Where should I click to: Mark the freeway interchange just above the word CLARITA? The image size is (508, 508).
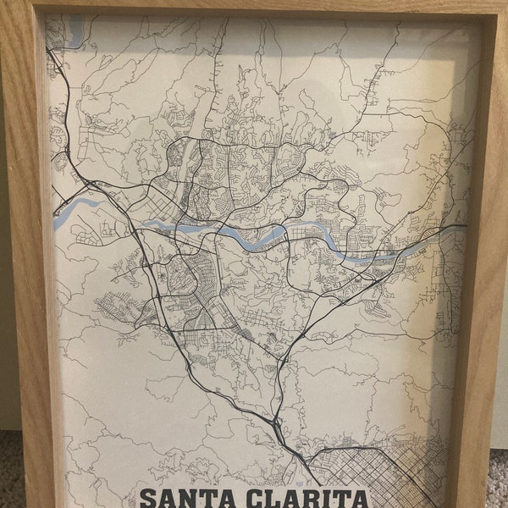pos(278,419)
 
